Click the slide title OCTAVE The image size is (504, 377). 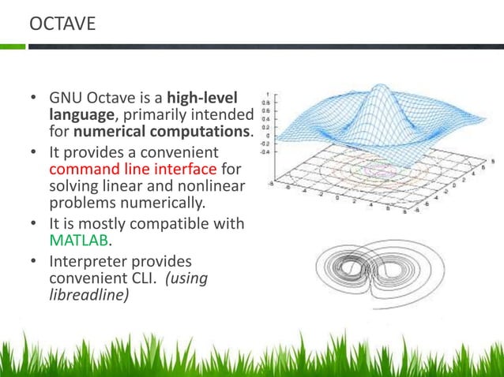coord(62,24)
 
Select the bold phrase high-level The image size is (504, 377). coord(216,99)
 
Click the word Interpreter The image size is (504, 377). coord(88,260)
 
